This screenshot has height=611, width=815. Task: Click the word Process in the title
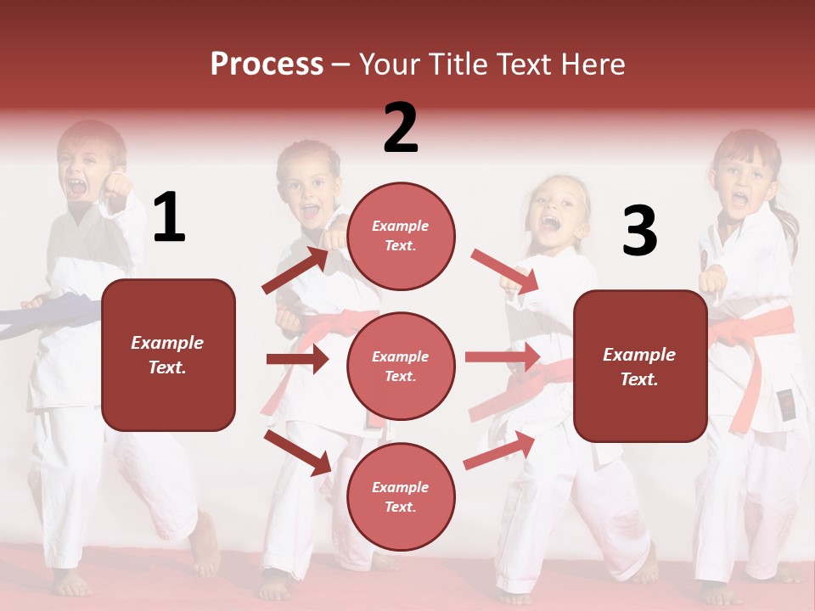click(x=267, y=64)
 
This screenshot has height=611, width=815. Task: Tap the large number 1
click(x=169, y=217)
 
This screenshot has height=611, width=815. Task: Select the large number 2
click(x=401, y=127)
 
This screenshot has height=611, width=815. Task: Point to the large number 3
click(x=639, y=231)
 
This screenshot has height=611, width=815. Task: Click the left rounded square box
click(x=168, y=355)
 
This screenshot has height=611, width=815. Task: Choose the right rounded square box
click(x=640, y=366)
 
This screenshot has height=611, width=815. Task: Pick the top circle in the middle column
click(x=401, y=236)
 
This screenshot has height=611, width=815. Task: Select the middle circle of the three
click(x=401, y=366)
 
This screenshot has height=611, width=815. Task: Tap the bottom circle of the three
click(x=401, y=496)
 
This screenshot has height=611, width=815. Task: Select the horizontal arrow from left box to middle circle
click(x=297, y=359)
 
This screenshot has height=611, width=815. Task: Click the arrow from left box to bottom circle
click(x=297, y=451)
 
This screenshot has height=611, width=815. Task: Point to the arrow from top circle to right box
click(x=504, y=272)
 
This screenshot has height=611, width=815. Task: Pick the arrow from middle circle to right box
click(x=503, y=357)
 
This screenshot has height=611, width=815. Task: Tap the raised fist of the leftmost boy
click(x=116, y=184)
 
